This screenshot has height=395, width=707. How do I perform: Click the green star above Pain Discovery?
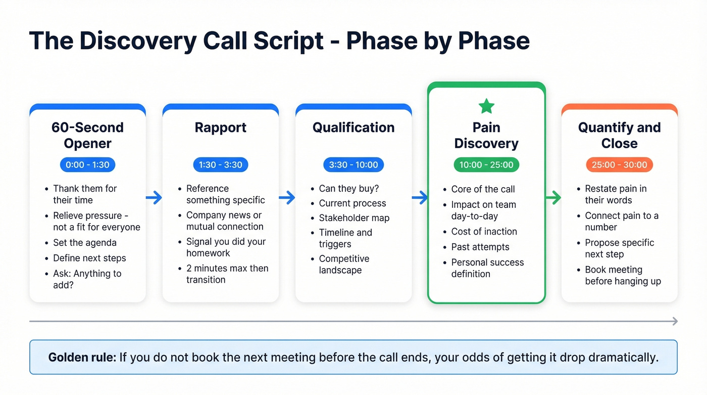(x=486, y=106)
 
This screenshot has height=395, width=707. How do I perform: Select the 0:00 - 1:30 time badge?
(x=87, y=164)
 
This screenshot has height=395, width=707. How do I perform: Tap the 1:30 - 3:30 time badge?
(x=220, y=164)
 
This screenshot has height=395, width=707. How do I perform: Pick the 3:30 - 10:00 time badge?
(x=353, y=164)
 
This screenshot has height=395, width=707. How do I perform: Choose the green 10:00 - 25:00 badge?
(x=486, y=165)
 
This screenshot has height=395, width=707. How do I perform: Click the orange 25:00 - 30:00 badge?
(x=619, y=164)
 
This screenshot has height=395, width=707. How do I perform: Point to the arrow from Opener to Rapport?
(x=154, y=198)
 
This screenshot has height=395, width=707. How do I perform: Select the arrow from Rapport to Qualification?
(x=287, y=198)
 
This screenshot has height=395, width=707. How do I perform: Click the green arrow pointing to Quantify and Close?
(x=553, y=198)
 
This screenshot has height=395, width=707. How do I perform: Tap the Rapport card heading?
(x=220, y=127)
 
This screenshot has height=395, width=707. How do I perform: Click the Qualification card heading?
(x=353, y=127)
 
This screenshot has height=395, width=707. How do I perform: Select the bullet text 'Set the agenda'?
(x=85, y=243)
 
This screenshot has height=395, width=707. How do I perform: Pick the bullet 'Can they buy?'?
(x=348, y=189)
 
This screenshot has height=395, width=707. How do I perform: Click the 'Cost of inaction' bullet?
(x=484, y=232)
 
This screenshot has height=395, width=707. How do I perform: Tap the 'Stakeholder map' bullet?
(x=354, y=218)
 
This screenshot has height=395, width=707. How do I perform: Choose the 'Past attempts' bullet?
(x=480, y=247)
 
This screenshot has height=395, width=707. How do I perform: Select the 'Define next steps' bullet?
(x=89, y=258)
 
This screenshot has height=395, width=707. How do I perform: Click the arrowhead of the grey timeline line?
(x=674, y=321)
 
